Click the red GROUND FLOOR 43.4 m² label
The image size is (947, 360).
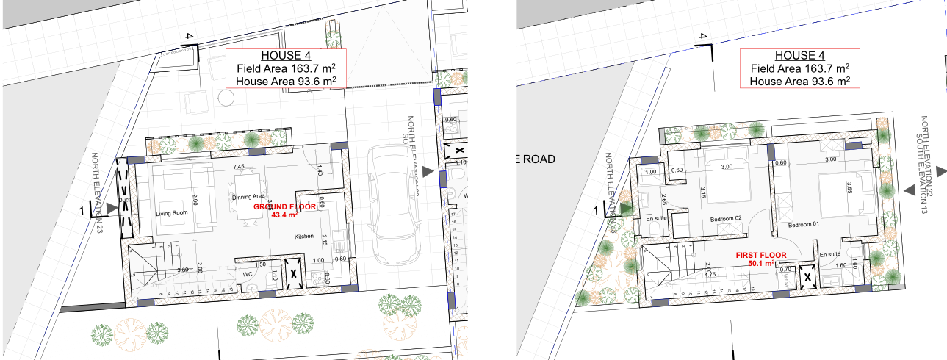(285, 212)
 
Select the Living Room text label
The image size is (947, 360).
(172, 213)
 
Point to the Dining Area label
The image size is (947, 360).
(248, 197)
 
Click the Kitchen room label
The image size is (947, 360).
(304, 237)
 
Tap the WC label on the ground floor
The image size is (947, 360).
(248, 275)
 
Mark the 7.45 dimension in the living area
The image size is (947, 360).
(239, 167)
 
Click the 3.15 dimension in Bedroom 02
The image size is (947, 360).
(703, 192)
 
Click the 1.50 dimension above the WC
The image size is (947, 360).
(260, 264)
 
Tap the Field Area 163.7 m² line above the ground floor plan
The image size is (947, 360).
(287, 68)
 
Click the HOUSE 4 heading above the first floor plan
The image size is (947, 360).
(800, 56)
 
